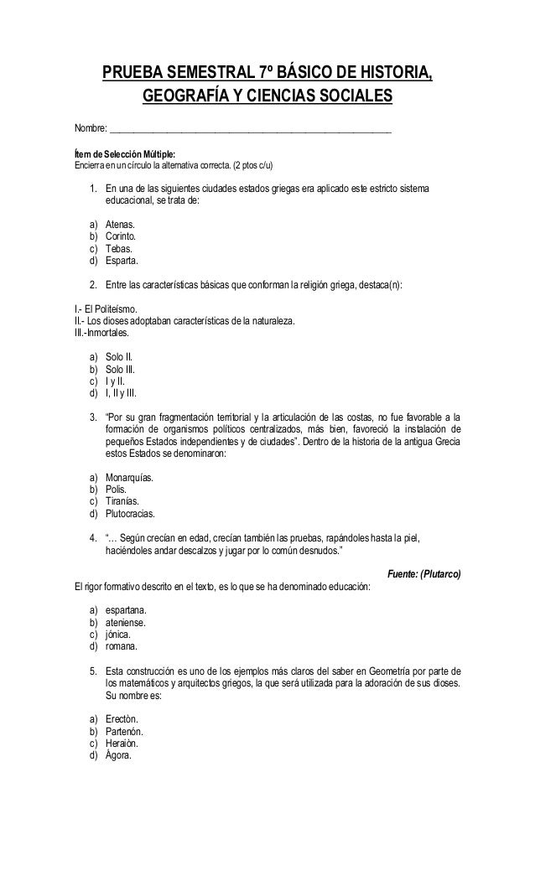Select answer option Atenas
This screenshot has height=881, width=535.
(121, 225)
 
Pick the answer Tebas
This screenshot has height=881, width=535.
(119, 249)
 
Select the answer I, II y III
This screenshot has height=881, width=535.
(122, 391)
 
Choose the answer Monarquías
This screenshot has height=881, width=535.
(129, 478)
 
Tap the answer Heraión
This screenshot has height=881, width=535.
(122, 743)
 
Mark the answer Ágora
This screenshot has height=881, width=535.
(119, 754)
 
